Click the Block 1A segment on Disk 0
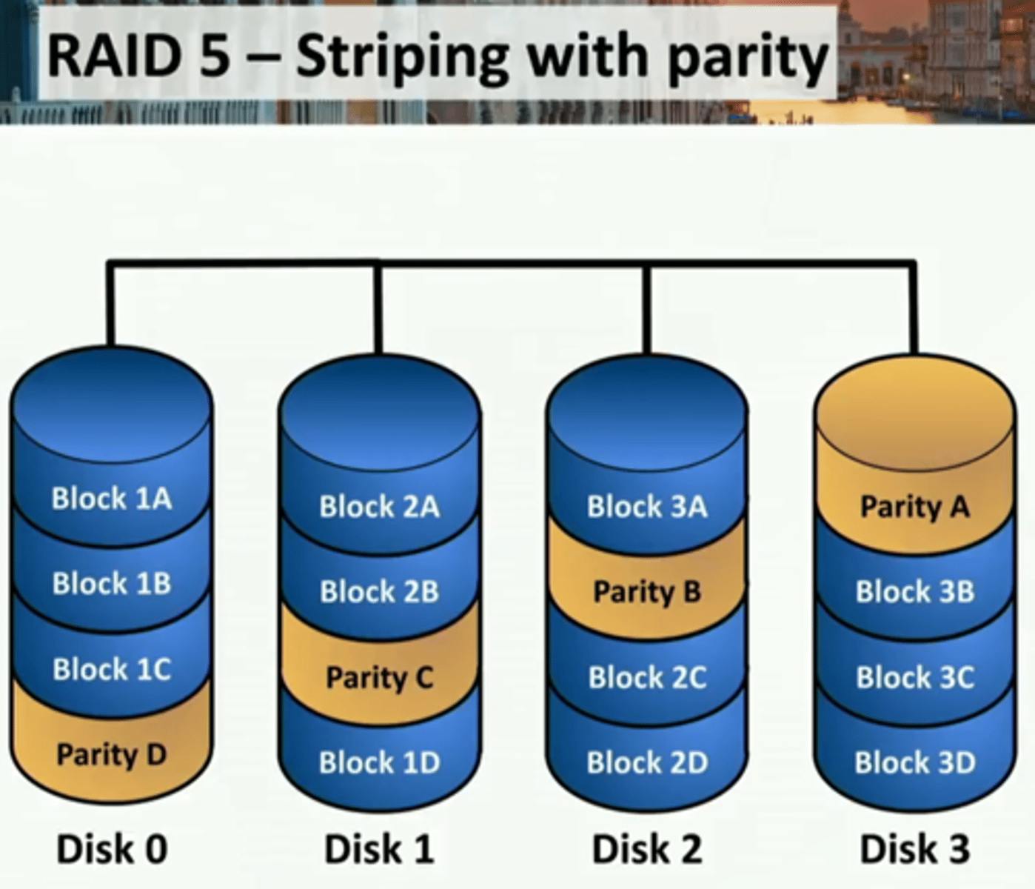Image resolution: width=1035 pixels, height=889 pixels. point(112,499)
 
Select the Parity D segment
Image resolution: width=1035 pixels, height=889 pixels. point(112,755)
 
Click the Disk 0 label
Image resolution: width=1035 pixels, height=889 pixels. point(112,849)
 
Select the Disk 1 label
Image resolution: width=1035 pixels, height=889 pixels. point(379,849)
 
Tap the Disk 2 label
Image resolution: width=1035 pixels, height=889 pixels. point(647,849)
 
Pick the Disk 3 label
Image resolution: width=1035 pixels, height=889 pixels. point(915,849)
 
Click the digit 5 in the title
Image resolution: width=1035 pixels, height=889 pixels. point(215,56)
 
